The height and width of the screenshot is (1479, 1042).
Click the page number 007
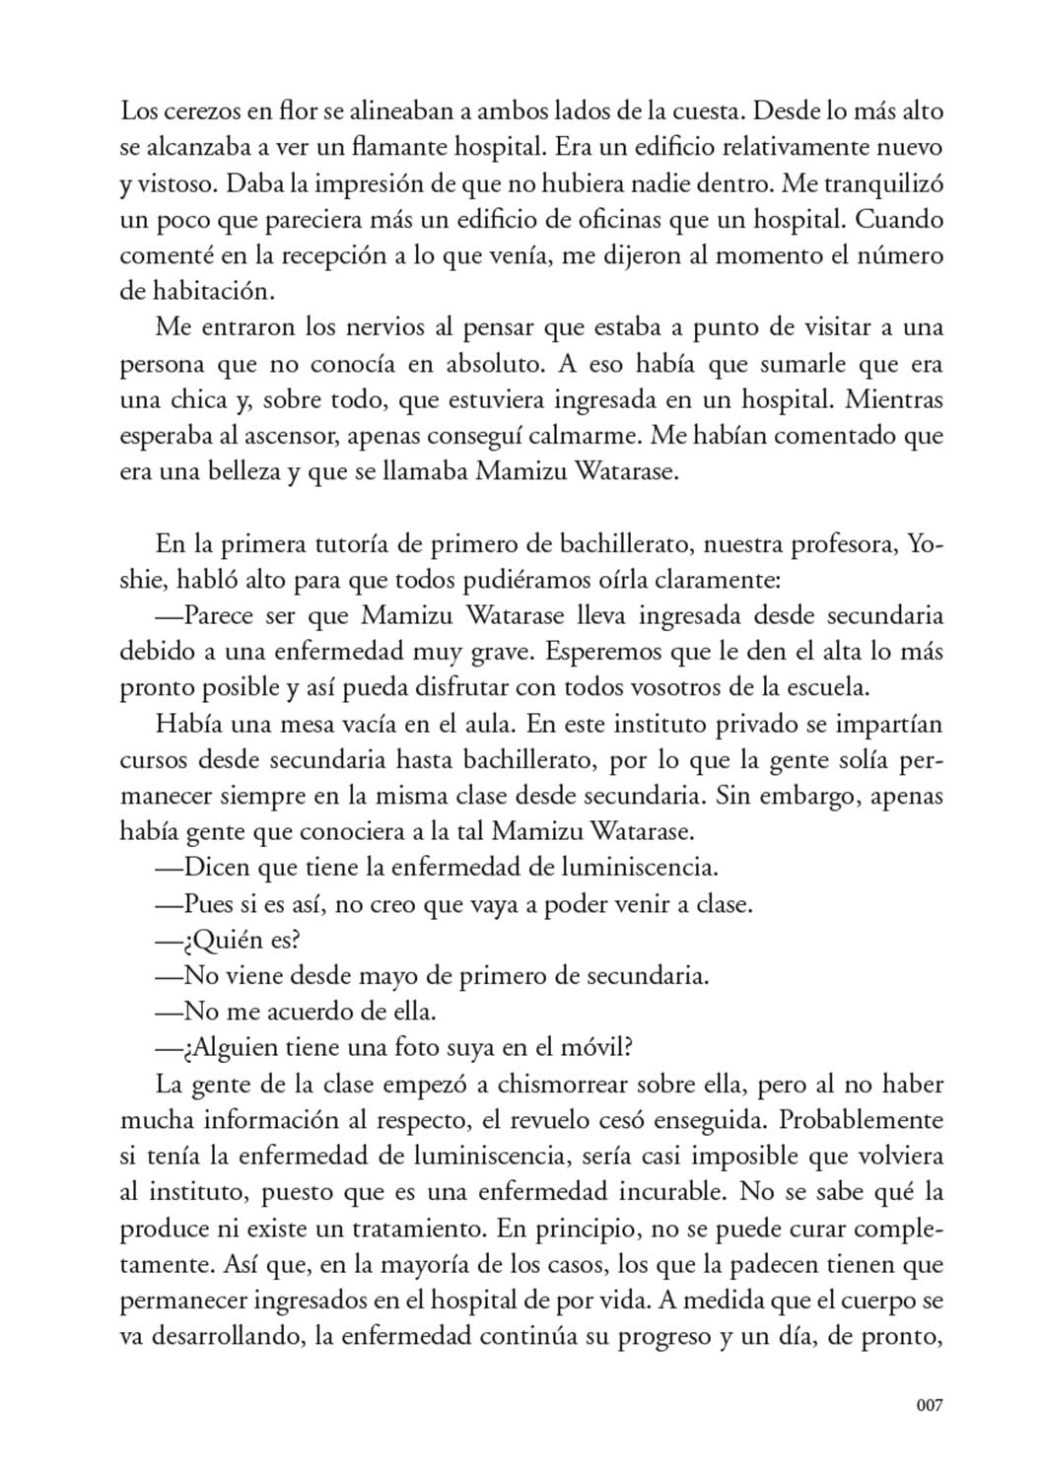click(929, 1405)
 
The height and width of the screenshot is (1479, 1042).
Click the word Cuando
click(903, 220)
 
